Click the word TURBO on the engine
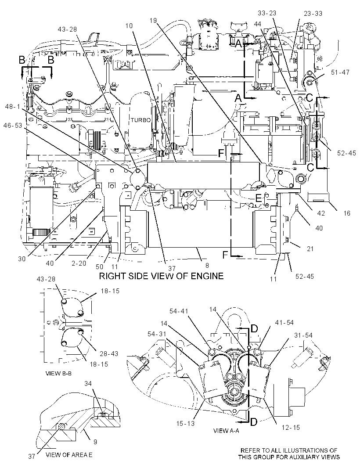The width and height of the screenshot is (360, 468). tap(140, 120)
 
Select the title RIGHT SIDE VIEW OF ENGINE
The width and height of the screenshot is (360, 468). tap(161, 276)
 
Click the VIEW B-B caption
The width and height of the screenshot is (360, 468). tap(58, 373)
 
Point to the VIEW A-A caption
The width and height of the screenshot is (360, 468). tap(226, 431)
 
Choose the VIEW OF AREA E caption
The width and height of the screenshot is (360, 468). tap(69, 455)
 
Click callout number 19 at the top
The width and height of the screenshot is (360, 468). tap(153, 20)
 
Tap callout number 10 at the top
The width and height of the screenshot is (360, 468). tap(129, 25)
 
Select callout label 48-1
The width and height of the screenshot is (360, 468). tap(12, 107)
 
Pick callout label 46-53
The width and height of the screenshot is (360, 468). tap(13, 126)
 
